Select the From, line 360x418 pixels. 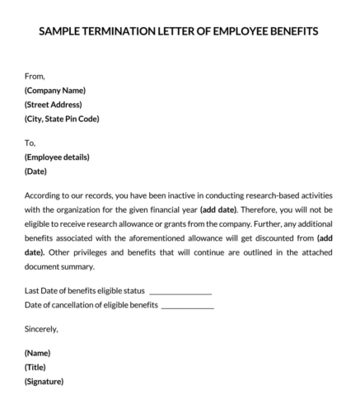point(35,77)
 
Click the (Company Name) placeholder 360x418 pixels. point(55,91)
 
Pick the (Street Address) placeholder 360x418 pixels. point(54,105)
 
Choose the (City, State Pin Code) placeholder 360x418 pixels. point(62,119)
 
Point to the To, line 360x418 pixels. point(30,143)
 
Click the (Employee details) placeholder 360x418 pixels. point(57,157)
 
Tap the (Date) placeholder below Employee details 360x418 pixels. point(36,171)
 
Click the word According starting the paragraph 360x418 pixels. point(46,195)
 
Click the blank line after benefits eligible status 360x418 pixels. point(180,292)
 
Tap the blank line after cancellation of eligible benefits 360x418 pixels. point(188,306)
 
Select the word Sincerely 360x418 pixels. point(41,329)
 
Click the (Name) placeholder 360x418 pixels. point(38,353)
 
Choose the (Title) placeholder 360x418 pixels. point(35,367)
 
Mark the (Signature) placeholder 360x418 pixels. point(44,381)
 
